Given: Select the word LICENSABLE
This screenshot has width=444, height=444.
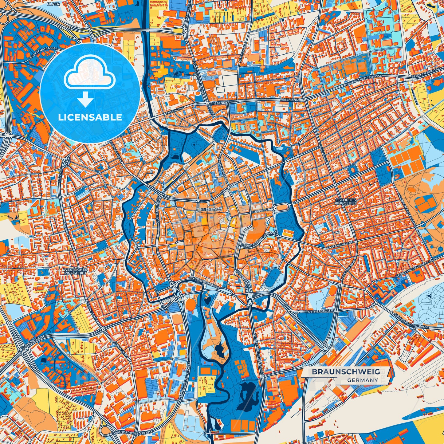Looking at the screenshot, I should (x=90, y=117).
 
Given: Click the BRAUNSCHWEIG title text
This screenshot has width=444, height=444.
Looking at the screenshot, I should (x=346, y=372).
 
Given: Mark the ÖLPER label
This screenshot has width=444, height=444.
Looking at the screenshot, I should (x=51, y=4).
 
